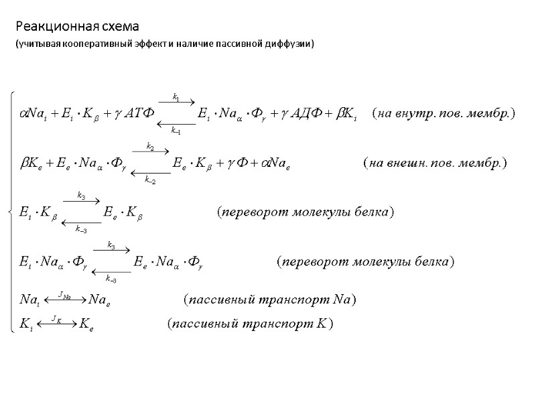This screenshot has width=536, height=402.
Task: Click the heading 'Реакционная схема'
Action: click(77, 27)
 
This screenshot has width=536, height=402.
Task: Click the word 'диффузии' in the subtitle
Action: click(290, 44)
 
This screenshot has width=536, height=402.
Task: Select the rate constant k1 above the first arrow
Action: click(176, 98)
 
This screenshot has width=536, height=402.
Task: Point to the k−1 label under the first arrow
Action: click(176, 130)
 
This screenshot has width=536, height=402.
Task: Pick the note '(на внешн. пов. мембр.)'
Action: click(434, 163)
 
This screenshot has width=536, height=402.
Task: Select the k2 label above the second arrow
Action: click(150, 146)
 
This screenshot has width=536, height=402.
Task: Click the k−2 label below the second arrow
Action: click(150, 178)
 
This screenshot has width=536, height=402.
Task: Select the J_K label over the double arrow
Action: click(56, 320)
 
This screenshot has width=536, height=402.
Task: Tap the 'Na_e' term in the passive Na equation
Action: click(100, 299)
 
